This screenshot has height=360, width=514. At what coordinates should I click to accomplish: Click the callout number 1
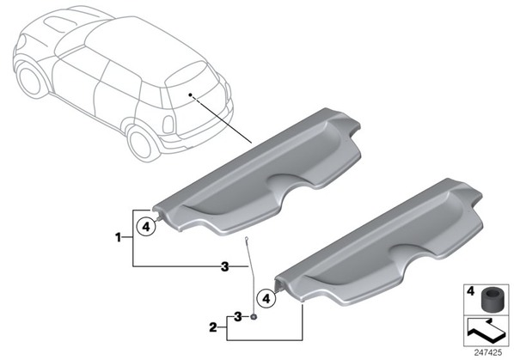[x=119, y=237]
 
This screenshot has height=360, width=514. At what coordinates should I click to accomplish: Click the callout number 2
[x=213, y=326]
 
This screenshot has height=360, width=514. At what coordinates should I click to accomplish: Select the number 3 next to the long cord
[x=224, y=266]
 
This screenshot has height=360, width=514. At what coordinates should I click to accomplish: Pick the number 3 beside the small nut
[x=237, y=317]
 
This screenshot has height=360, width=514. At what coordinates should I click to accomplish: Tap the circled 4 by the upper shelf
[x=146, y=226]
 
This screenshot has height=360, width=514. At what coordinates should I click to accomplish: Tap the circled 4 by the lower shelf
[x=266, y=298]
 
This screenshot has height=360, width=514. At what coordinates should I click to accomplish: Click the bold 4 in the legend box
[x=470, y=291]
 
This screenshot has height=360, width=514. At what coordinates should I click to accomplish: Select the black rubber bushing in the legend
[x=491, y=298]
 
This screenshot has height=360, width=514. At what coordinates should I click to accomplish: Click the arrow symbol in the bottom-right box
[x=486, y=331]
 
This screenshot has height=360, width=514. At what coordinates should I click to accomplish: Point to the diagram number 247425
[x=487, y=352]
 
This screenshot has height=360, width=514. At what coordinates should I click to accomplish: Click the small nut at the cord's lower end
[x=254, y=316]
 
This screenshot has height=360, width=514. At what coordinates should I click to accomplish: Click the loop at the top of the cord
[x=247, y=239]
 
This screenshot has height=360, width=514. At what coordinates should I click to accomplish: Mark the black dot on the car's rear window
[x=190, y=95]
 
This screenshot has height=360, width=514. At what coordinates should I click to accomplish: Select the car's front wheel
[x=29, y=80]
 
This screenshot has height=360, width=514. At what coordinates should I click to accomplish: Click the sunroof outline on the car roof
[x=59, y=25]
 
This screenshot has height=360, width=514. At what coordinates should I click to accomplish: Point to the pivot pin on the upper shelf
[x=160, y=217]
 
